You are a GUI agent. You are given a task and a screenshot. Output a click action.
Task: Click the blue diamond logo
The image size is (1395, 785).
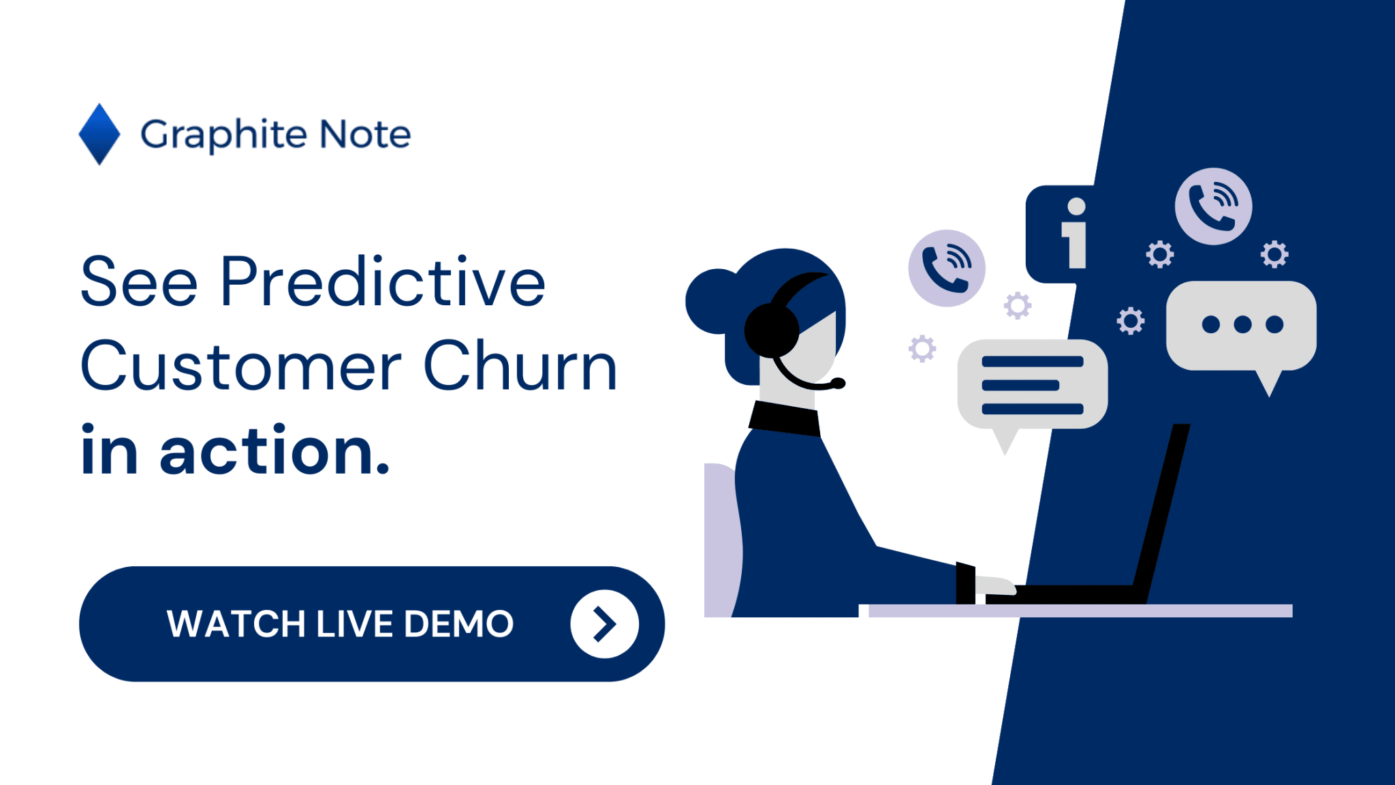tap(99, 134)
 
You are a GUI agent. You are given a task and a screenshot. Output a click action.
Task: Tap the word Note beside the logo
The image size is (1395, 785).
tap(365, 134)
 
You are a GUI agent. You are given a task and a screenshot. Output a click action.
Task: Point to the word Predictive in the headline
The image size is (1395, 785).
tap(382, 281)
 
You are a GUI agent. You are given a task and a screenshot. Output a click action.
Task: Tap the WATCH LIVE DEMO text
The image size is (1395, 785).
tap(340, 624)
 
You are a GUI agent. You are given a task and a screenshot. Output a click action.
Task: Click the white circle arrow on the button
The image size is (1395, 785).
tap(604, 624)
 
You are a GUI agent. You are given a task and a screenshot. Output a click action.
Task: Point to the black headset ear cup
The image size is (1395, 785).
tap(772, 330)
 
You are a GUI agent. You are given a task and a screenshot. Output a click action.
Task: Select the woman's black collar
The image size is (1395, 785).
tap(785, 418)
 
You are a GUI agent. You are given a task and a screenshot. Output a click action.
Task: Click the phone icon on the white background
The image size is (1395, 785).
tap(946, 268)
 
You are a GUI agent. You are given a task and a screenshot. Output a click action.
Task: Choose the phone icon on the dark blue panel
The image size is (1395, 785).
tap(1213, 206)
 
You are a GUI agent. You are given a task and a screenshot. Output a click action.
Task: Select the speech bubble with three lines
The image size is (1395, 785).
tap(1032, 384)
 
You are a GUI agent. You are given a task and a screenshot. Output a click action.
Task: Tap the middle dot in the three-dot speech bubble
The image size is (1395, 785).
tap(1242, 324)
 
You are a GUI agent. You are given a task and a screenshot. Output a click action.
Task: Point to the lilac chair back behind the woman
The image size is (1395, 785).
tap(721, 538)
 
